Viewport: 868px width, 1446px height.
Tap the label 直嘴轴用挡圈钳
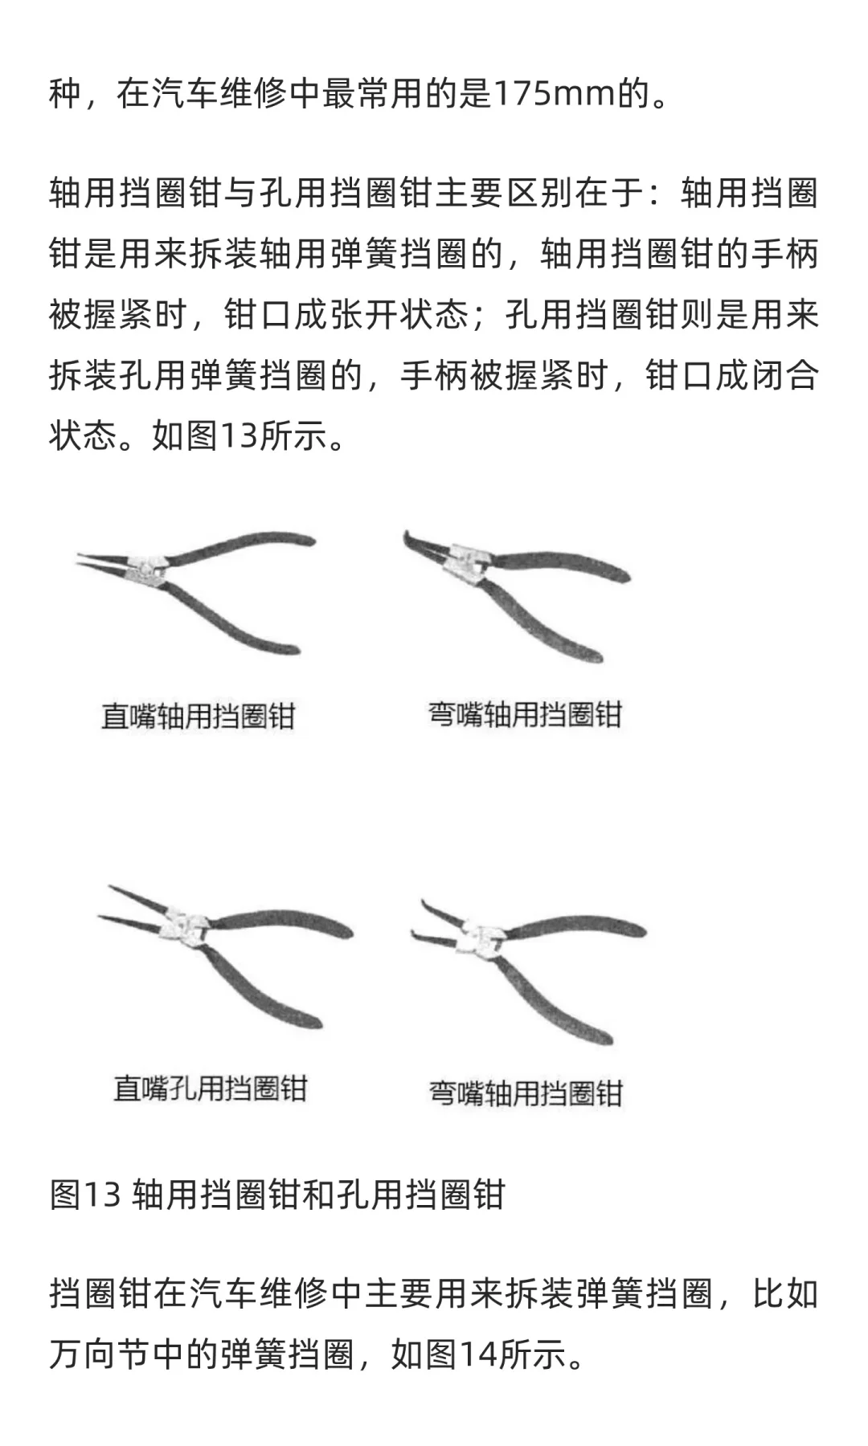(x=199, y=716)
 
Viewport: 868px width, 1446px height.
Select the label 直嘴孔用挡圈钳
(x=211, y=1089)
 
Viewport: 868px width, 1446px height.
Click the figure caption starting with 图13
(x=277, y=1195)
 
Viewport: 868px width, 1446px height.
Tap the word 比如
(x=785, y=1294)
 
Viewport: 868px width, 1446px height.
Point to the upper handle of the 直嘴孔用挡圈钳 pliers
(x=281, y=920)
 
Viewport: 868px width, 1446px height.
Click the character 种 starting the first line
(x=64, y=95)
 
